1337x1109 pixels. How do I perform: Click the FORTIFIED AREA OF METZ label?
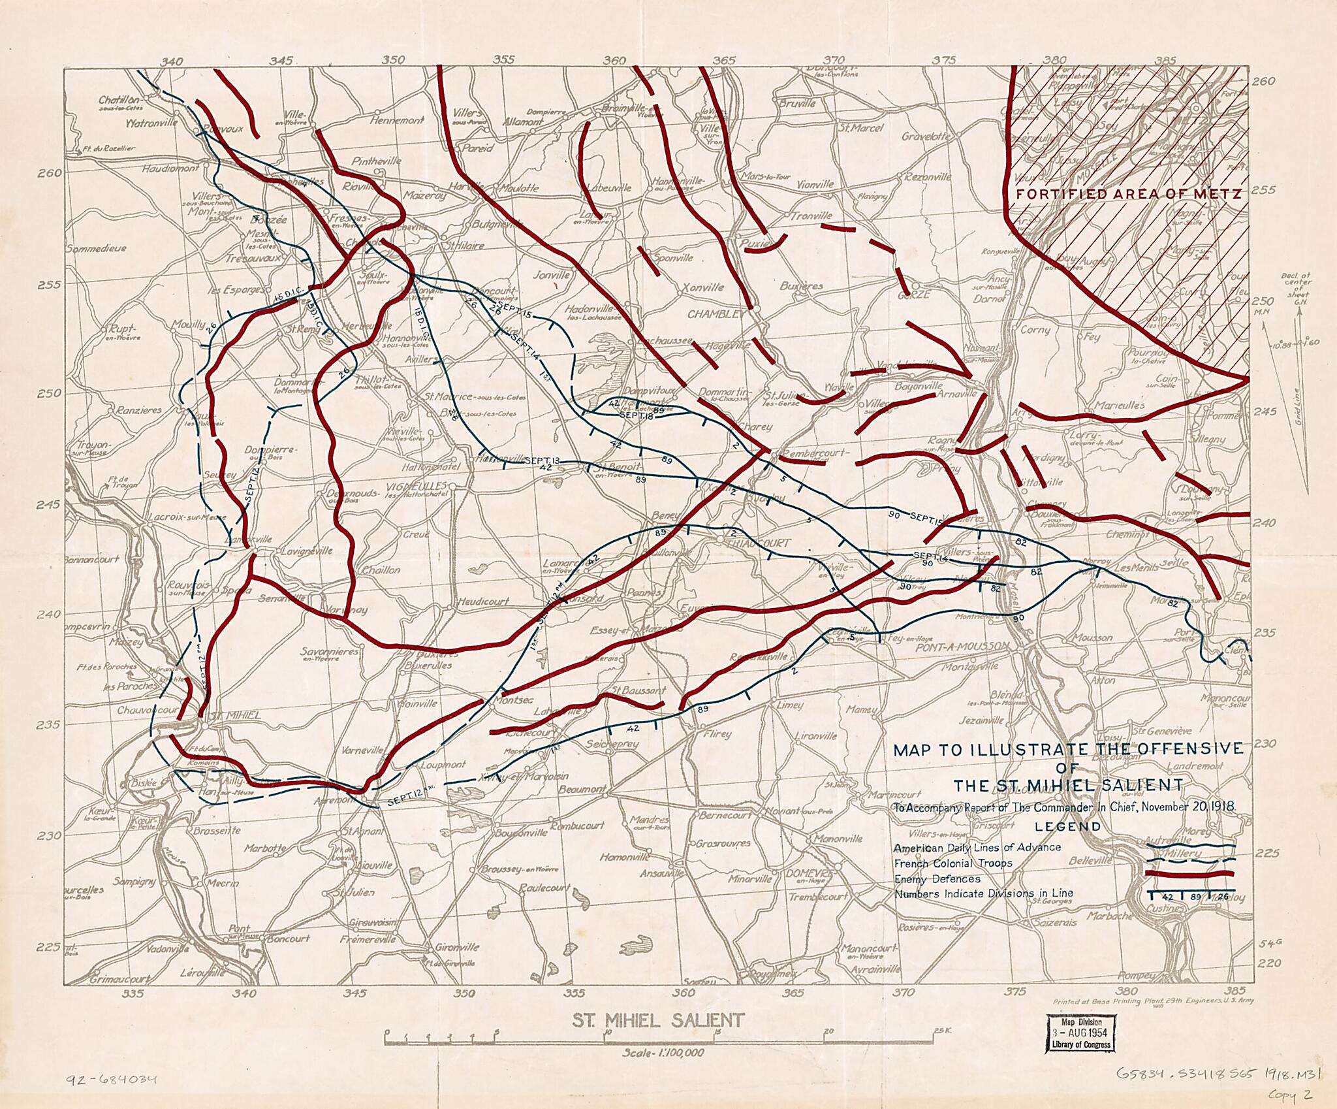(x=1128, y=194)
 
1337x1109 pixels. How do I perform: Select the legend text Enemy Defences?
(x=937, y=879)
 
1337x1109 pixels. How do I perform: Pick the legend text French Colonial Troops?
(x=944, y=863)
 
